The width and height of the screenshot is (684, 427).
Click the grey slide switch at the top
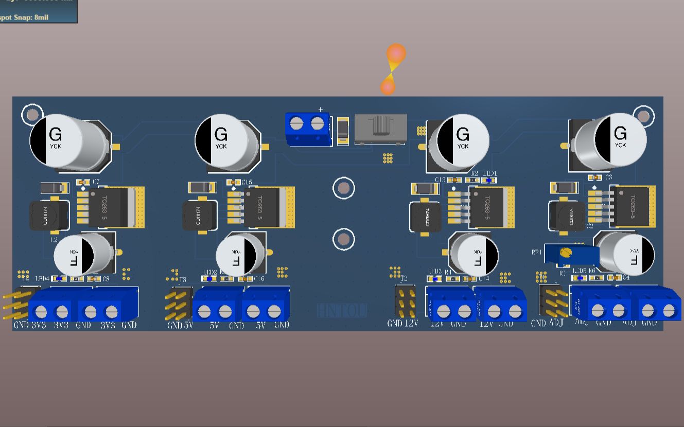coord(381,128)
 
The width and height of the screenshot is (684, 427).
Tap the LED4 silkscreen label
coord(43,278)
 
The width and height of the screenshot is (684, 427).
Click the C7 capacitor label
coord(96,182)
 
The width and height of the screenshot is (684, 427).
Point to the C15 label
coord(247,183)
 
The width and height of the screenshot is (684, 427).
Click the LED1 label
coord(490,173)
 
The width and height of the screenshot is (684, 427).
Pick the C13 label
coord(440,180)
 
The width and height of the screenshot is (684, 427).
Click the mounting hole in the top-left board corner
coord(32,114)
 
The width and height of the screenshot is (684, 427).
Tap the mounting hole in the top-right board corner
coord(643,115)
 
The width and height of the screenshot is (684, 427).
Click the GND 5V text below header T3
coord(180,325)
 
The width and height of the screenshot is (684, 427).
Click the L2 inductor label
coord(54,240)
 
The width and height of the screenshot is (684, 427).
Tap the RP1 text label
coord(537,253)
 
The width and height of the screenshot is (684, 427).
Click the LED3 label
coord(435,272)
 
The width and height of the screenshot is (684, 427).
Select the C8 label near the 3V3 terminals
coord(106,279)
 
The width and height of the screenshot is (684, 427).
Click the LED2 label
coord(210,272)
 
